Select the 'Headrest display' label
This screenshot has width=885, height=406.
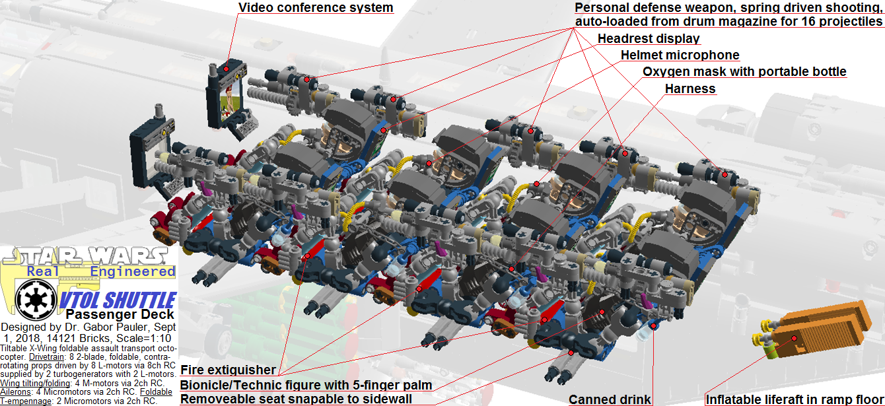[x=649, y=38]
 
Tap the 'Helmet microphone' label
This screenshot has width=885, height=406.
[x=680, y=55]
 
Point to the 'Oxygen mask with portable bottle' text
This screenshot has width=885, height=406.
[x=744, y=71]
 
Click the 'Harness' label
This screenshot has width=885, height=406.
[x=690, y=88]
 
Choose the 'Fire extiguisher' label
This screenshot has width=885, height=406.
[x=229, y=370]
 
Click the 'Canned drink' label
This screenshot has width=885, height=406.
[x=610, y=399]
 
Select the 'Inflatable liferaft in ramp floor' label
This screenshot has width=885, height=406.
[x=795, y=399]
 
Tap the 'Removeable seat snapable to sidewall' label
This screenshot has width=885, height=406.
[x=296, y=399]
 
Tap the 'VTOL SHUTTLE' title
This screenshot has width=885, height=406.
[x=118, y=299]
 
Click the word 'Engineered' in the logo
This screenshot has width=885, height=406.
[x=133, y=271]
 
